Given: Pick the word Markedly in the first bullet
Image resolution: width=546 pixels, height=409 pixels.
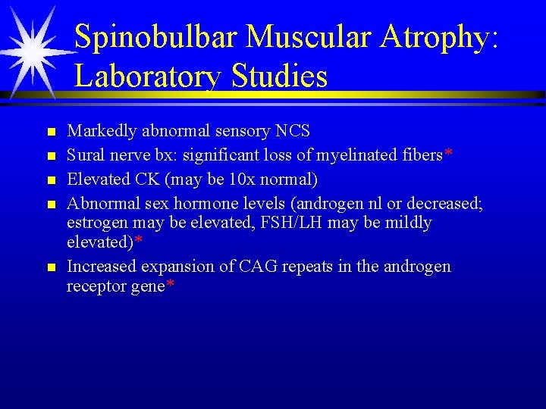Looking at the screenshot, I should (x=98, y=131).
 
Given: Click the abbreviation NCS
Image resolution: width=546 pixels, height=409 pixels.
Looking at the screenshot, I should (x=293, y=131).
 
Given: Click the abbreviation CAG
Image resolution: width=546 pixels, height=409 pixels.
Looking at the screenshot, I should (x=260, y=267).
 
